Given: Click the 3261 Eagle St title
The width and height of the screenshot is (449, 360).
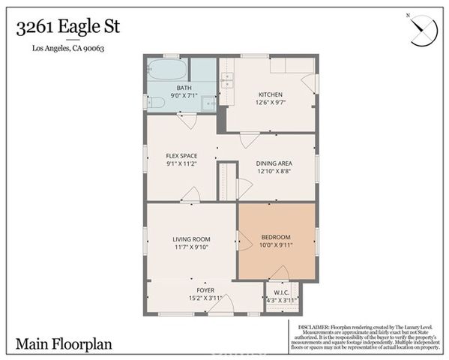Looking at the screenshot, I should click(67, 28).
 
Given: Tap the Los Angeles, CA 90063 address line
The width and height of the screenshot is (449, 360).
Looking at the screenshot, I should click(67, 49).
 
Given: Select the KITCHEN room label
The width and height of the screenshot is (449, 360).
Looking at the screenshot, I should click(271, 94).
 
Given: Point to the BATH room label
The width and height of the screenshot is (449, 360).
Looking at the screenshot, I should click(184, 88).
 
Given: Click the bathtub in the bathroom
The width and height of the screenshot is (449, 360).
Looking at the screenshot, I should click(166, 70).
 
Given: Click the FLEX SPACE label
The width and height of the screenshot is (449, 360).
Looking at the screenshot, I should click(181, 156).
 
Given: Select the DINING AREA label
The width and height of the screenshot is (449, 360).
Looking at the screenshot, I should click(274, 163).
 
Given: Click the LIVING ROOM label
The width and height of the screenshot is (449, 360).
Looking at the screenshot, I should click(191, 239).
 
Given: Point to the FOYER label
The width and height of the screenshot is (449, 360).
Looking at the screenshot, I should click(205, 289).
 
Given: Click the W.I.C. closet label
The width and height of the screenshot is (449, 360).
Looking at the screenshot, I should click(282, 292).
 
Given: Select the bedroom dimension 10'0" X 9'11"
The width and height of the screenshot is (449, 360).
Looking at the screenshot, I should click(276, 244).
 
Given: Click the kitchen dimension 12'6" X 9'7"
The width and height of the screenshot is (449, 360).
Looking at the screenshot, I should click(271, 103).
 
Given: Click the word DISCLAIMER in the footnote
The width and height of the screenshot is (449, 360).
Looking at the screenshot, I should click(314, 328).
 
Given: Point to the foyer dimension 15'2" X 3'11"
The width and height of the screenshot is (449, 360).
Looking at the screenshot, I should click(205, 298).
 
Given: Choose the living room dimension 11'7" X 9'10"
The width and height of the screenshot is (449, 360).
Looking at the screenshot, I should click(191, 247).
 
